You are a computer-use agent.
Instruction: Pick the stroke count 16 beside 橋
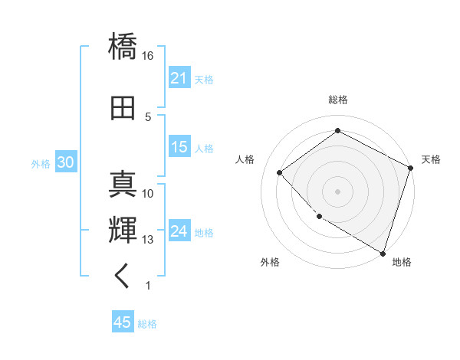(x=148, y=56)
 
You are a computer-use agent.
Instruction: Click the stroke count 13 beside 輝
(x=148, y=240)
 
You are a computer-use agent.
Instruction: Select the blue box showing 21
(x=179, y=78)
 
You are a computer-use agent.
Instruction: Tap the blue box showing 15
(x=179, y=147)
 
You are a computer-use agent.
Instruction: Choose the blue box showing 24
(x=179, y=231)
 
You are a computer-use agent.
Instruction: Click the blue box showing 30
(x=65, y=162)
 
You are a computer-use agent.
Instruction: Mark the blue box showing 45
(x=123, y=322)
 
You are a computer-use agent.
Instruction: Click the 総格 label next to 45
(x=147, y=324)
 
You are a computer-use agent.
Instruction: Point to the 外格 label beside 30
(x=41, y=163)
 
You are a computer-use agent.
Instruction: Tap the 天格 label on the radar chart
(x=431, y=159)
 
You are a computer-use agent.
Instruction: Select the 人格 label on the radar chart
(x=245, y=159)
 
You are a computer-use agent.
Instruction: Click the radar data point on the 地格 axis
(x=383, y=252)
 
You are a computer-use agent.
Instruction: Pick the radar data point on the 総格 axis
(x=337, y=131)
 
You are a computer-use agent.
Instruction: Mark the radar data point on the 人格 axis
(x=280, y=172)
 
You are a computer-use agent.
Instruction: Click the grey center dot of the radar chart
(x=337, y=191)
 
